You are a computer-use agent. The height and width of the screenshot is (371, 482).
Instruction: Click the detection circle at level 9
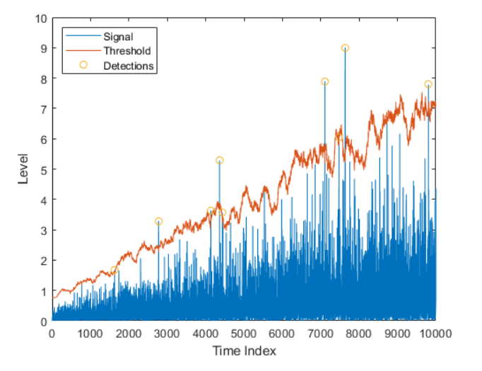pos(345,48)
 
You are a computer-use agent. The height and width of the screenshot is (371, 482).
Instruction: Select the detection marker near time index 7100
pos(325,82)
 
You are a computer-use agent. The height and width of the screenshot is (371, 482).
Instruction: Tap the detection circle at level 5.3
pos(220,161)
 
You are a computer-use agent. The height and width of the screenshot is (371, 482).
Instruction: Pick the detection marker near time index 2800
pos(159,222)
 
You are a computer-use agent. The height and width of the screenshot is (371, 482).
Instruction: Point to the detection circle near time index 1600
pos(114,270)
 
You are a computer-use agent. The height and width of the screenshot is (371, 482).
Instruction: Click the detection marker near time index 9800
pos(428,84)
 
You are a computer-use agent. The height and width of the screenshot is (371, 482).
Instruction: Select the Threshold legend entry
pos(127,51)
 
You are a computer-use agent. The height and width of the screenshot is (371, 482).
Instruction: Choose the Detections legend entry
pos(129,66)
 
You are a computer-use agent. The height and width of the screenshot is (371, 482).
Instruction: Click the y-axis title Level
pos(23,169)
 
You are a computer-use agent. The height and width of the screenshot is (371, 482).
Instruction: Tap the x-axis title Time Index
pos(243,351)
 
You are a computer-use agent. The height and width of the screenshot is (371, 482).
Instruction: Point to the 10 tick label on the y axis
pos(41,18)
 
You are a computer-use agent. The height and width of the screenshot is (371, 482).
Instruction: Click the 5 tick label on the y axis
pos(43,170)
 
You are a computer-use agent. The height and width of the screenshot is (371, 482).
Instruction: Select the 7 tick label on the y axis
pos(43,109)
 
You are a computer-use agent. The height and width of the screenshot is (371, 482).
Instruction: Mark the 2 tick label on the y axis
pos(43,261)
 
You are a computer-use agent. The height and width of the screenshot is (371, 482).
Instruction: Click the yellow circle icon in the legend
pos(83,66)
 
